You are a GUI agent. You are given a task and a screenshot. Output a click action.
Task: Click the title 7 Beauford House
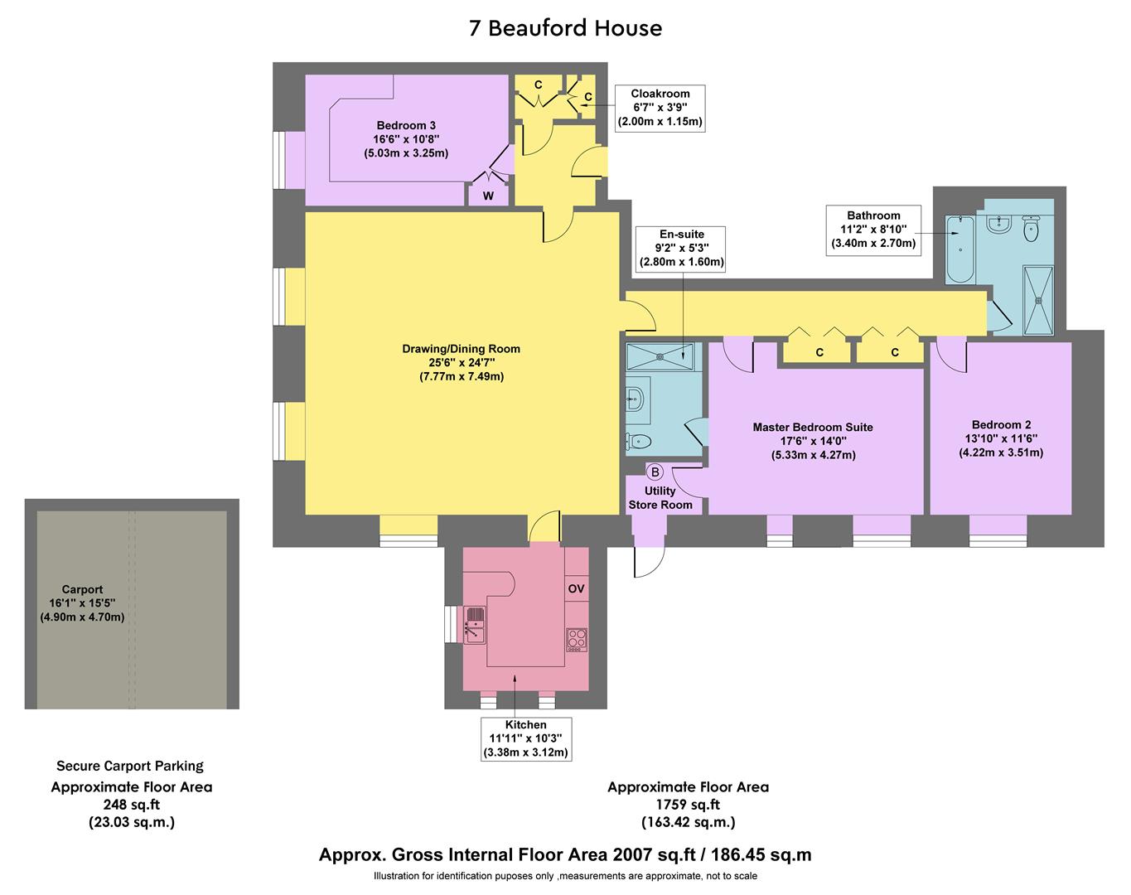click(x=565, y=28)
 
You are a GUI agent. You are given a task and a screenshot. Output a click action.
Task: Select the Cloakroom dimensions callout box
click(x=660, y=108)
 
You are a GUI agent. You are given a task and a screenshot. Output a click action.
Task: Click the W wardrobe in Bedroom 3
click(x=488, y=196)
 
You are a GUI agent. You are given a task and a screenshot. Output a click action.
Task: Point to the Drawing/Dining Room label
click(x=462, y=349)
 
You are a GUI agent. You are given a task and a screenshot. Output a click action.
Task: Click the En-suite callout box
click(x=681, y=248)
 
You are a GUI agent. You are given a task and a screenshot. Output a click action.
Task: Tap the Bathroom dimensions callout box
click(x=873, y=230)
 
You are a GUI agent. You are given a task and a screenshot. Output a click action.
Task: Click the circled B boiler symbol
click(x=655, y=472)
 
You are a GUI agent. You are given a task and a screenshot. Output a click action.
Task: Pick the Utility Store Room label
click(x=660, y=497)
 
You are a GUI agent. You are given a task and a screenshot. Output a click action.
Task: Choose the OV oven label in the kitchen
click(x=576, y=588)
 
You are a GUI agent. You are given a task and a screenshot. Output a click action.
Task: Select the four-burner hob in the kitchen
click(x=577, y=639)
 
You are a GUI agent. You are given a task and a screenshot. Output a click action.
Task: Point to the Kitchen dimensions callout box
click(x=526, y=738)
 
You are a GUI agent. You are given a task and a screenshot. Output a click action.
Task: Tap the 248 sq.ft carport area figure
click(x=131, y=805)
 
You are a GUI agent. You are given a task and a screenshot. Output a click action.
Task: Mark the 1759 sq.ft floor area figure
click(x=688, y=805)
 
